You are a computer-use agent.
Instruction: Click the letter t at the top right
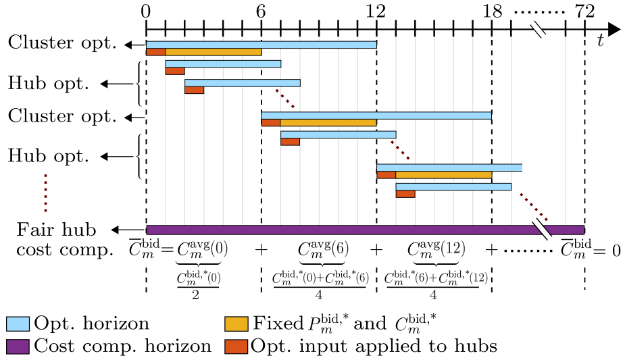pos(600,41)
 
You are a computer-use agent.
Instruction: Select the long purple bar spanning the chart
pos(365,230)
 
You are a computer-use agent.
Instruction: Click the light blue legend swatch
pos(18,324)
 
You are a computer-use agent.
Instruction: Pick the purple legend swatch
pos(18,346)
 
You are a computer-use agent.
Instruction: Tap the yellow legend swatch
pos(236,324)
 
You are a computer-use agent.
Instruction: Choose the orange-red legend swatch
pos(236,346)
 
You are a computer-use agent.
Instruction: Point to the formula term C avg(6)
pos(323,249)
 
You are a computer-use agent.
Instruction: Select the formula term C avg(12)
pos(436,249)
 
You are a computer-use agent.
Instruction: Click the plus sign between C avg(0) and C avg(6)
pos(261,250)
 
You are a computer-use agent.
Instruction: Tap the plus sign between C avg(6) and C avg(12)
pos(376,250)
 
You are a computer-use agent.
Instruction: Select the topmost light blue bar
pos(261,45)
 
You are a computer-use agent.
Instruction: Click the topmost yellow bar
pos(213,52)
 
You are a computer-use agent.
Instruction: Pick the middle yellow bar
pos(328,123)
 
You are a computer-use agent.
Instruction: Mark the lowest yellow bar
pos(443,175)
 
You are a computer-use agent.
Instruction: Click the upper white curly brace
pos(139,84)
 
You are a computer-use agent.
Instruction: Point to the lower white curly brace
pos(139,156)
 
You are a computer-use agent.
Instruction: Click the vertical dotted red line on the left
pos(45,193)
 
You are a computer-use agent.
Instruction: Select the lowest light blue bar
pos(453,186)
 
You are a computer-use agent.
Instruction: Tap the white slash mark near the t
pos(538,30)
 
